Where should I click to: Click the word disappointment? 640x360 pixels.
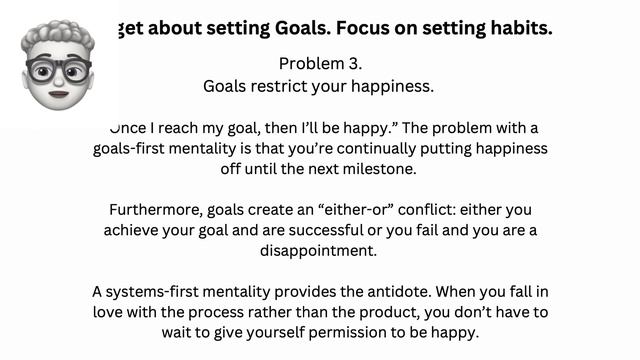(319, 252)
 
